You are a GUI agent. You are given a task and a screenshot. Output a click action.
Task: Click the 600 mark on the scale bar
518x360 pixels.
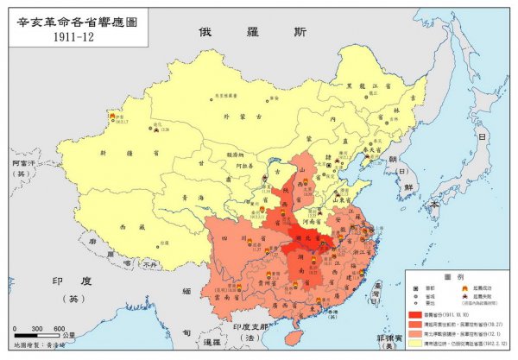[x=60, y=329]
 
